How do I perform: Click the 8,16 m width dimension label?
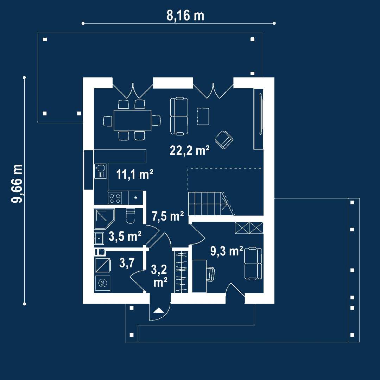(x=185, y=16)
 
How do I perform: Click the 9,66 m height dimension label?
(x=17, y=183)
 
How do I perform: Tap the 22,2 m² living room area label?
(x=190, y=150)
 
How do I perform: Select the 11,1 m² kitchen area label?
(x=135, y=174)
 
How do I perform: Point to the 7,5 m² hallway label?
(x=168, y=216)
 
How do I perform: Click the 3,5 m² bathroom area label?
(x=125, y=236)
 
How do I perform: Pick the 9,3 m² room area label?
(x=227, y=251)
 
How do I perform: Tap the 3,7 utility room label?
(x=127, y=263)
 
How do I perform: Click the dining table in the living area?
(x=133, y=120)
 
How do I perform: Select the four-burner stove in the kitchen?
(x=115, y=198)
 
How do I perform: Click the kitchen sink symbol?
(x=100, y=171)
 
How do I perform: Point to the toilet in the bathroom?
(x=131, y=216)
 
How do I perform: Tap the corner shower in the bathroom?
(x=104, y=219)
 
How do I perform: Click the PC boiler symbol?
(x=102, y=283)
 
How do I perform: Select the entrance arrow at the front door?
(x=159, y=310)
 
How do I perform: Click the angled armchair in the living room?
(x=224, y=139)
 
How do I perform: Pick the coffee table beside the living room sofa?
(x=203, y=116)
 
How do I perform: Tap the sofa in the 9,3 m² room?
(x=253, y=264)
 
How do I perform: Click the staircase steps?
(x=208, y=204)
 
